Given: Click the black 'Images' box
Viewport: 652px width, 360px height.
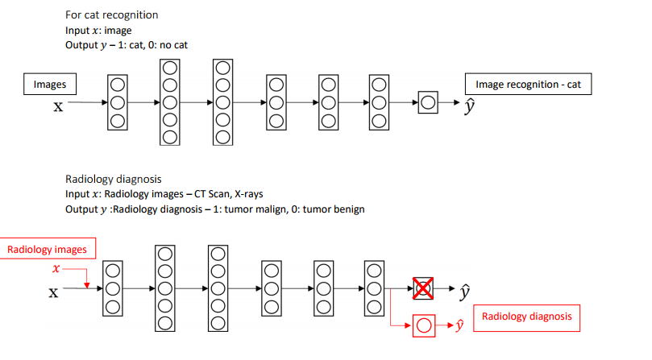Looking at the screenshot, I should [49, 84].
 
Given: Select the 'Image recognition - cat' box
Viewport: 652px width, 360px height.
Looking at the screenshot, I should [528, 84].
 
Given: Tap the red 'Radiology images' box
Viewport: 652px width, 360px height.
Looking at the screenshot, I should [47, 249].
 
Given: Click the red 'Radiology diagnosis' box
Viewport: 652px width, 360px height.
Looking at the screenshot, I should [527, 317].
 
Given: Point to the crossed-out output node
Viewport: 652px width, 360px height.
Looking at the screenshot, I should [423, 288].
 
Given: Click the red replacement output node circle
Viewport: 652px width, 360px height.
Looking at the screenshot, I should [424, 325].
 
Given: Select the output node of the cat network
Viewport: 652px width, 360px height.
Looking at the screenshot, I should [427, 103].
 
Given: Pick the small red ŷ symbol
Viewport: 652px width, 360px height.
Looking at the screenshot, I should [459, 325].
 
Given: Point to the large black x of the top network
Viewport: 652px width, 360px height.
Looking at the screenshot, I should [58, 106].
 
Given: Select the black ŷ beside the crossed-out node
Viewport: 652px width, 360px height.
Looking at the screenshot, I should [464, 291].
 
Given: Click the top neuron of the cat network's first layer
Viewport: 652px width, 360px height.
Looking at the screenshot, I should [118, 85].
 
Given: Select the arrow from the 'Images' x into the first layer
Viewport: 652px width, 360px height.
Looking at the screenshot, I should [87, 103].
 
